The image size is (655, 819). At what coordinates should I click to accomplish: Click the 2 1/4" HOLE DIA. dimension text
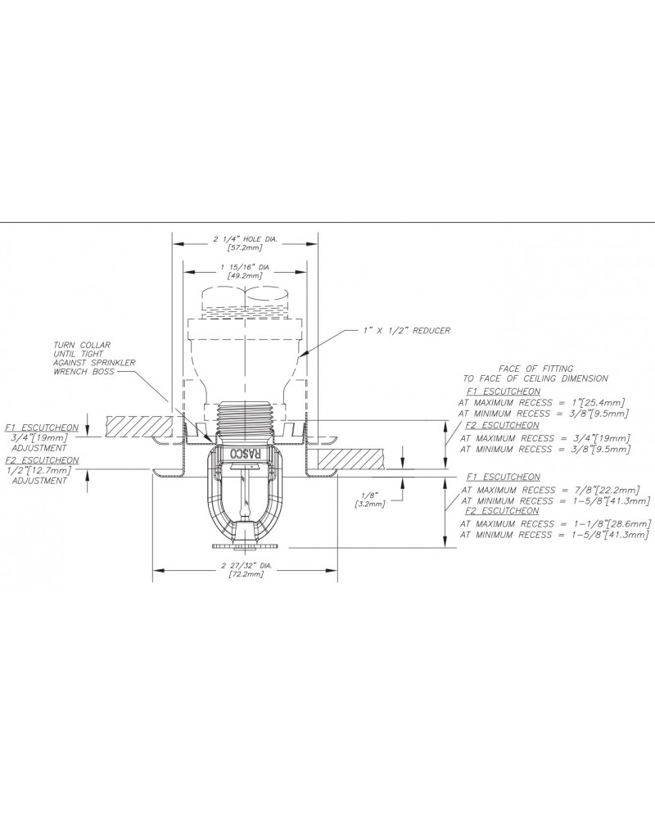click(x=245, y=238)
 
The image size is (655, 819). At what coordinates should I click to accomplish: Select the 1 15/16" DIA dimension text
click(x=245, y=268)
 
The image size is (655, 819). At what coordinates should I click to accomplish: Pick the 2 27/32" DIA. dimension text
click(x=246, y=566)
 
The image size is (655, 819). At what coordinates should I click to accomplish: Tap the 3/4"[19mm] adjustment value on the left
click(x=34, y=437)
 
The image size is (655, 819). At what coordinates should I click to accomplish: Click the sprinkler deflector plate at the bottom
click(x=245, y=544)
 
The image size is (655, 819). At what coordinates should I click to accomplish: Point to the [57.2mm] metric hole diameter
click(x=245, y=247)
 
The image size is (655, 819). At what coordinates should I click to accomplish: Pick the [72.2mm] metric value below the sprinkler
click(x=246, y=575)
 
